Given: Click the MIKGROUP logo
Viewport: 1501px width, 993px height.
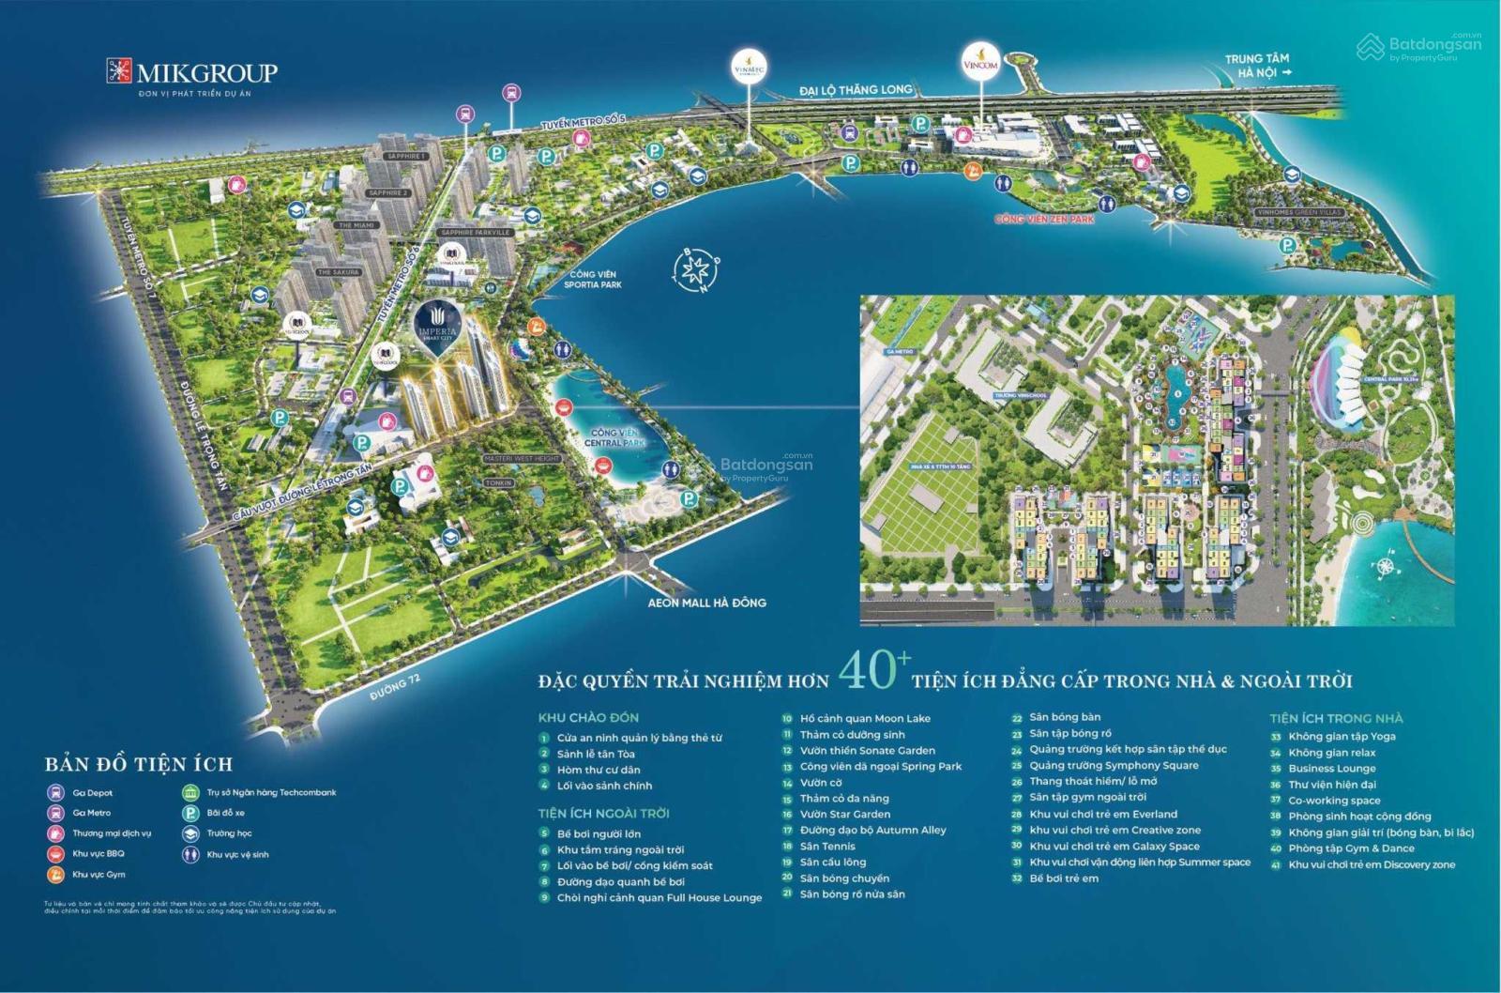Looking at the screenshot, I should coord(191,73).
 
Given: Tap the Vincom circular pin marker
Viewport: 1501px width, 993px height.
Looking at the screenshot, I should coord(981,65).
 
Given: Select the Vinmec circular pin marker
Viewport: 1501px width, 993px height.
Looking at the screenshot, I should coord(749,69).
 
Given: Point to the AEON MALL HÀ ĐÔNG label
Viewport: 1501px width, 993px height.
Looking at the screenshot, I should coord(706,603).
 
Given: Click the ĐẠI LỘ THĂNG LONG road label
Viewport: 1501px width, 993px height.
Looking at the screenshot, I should coord(856,90).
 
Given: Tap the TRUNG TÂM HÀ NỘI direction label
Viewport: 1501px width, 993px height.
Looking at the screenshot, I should coord(1257,66).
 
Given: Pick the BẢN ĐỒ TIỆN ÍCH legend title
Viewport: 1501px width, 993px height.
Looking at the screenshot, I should coord(139,764).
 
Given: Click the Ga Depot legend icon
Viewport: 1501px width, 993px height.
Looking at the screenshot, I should coord(55,792).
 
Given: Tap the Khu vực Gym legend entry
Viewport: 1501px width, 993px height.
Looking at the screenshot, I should coord(99,875).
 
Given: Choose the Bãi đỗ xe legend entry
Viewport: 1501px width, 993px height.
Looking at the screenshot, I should coord(225,813).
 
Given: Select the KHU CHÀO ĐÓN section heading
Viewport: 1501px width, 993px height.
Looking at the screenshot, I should coord(588,717).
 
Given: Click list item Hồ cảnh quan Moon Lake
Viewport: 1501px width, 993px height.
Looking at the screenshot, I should coord(865,718).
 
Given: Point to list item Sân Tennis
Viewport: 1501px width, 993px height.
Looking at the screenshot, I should coord(827,846).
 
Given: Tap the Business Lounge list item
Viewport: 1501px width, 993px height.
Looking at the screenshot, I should coord(1331,768).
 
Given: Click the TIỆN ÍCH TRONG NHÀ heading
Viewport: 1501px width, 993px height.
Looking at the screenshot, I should coord(1336,717).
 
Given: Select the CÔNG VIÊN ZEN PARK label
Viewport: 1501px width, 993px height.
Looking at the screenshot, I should coord(1044,219).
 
